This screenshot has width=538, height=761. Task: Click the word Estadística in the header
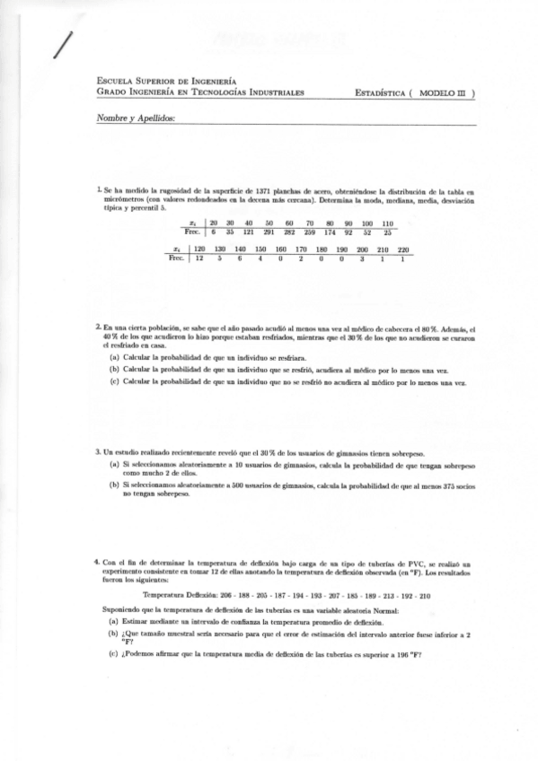(379, 92)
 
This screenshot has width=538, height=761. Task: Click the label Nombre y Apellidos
(135, 119)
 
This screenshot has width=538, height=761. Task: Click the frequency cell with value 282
(289, 232)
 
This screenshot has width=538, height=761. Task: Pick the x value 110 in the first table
(387, 223)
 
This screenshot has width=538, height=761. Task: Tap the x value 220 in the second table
(403, 249)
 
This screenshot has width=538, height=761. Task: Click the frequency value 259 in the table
(310, 232)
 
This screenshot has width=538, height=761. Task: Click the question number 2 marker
(98, 329)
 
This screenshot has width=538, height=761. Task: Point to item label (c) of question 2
(114, 381)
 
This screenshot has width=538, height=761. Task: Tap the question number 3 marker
(98, 452)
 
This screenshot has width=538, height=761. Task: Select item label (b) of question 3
(114, 485)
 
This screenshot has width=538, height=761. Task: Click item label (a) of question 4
(113, 621)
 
